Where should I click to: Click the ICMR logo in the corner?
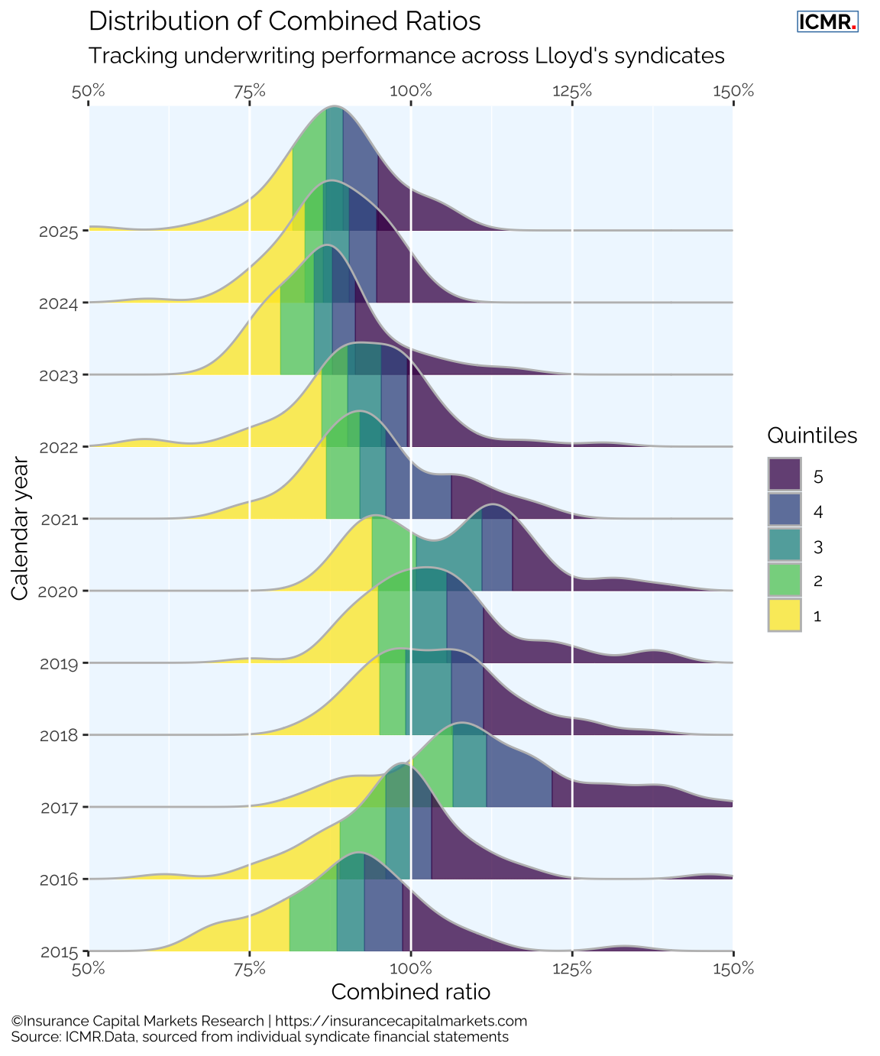click(x=827, y=22)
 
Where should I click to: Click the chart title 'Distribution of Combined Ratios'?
click(x=284, y=21)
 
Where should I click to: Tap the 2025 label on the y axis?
click(x=58, y=232)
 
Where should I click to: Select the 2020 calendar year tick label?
click(x=58, y=591)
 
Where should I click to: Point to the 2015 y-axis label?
click(x=58, y=952)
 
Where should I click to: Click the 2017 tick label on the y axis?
click(x=58, y=808)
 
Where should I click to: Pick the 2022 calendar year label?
click(x=58, y=448)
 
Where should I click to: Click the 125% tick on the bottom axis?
click(x=572, y=969)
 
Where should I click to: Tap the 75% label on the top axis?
click(x=250, y=91)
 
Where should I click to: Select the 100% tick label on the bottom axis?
click(x=411, y=969)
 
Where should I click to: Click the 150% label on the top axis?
click(x=733, y=91)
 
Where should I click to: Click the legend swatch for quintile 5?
click(x=785, y=475)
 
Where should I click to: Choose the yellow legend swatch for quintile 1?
click(x=785, y=615)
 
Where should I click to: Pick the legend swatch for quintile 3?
click(x=785, y=545)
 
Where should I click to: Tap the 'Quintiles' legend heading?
click(x=812, y=436)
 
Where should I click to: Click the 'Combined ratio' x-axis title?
click(x=411, y=992)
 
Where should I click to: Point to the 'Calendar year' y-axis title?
click(x=21, y=529)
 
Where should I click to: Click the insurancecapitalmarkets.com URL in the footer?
click(x=400, y=1021)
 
